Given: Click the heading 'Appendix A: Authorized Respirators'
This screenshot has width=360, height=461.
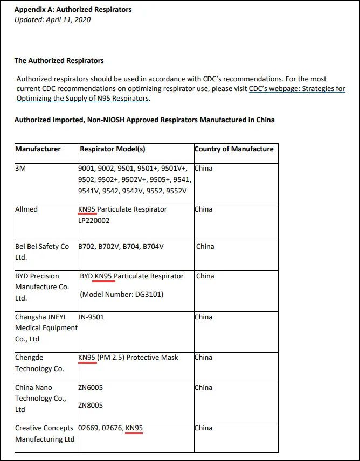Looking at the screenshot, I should [73, 10].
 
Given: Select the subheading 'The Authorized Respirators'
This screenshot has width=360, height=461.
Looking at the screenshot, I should [59, 61].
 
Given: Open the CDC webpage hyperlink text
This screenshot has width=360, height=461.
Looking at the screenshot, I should [297, 89].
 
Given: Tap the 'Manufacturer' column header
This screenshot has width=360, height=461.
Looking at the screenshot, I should [38, 149].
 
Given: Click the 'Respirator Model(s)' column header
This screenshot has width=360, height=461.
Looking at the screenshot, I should [113, 149].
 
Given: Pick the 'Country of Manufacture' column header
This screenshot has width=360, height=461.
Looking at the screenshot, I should [234, 149].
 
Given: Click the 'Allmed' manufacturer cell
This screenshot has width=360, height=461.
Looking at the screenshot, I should [26, 209].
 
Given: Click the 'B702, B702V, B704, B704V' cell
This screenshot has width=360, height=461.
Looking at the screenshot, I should [121, 247].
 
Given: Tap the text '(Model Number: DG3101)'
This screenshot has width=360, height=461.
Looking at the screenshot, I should [121, 295].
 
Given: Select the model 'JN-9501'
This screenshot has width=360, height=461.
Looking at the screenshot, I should [91, 317].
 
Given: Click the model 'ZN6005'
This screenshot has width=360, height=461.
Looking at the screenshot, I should [91, 388].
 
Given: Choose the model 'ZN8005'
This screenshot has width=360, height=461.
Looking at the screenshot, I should [91, 406].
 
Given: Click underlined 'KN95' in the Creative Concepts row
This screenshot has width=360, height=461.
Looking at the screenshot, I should [134, 429].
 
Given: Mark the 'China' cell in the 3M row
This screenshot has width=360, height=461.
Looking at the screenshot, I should [204, 169].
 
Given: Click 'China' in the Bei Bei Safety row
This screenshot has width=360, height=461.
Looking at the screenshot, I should [205, 247].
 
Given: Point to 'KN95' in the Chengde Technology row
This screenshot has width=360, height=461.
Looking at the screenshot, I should [87, 358].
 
